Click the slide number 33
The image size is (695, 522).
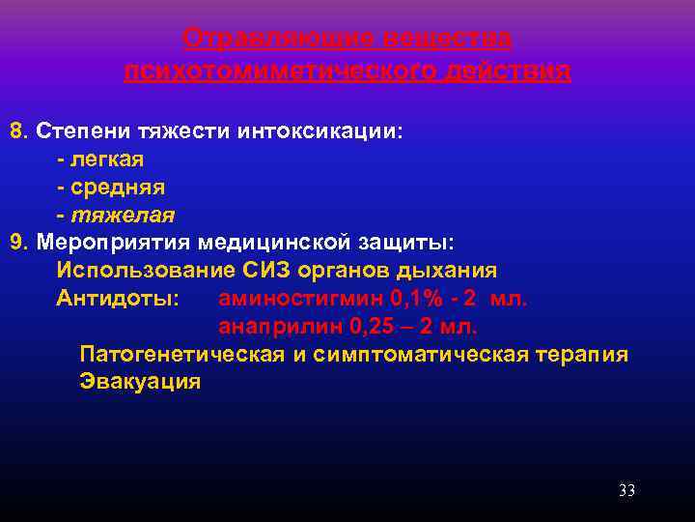pos(626,491)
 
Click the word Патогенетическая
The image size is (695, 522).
pos(181,354)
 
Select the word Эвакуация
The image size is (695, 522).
pos(140,381)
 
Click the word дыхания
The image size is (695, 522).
pos(453,269)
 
